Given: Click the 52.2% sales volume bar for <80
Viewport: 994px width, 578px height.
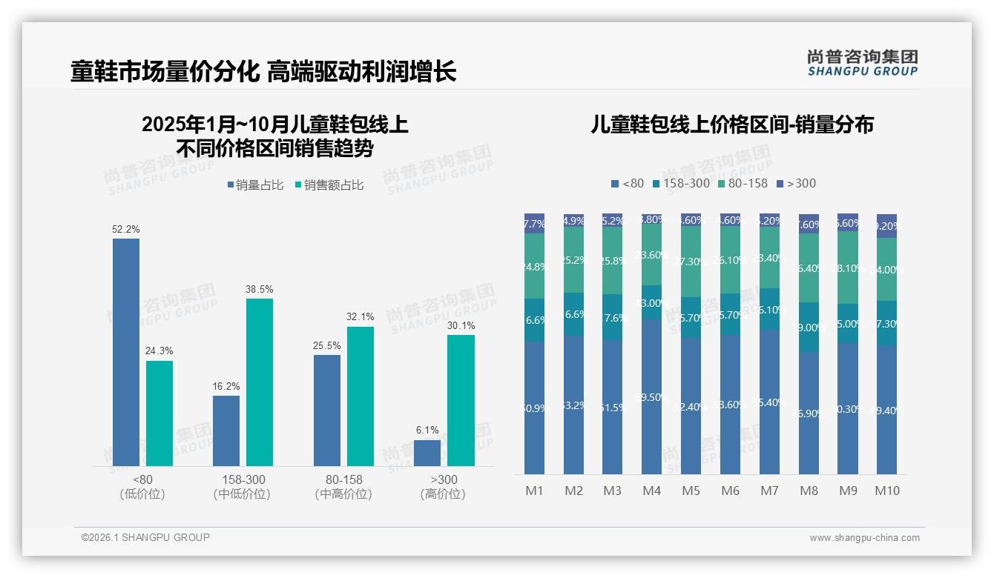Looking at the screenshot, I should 126,352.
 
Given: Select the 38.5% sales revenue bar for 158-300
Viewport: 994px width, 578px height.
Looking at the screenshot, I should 259,382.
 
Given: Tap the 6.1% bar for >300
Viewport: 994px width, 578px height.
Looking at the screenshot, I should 427,453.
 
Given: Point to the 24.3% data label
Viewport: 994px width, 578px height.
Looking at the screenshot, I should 159,351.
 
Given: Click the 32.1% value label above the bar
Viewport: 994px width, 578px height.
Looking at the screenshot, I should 360,316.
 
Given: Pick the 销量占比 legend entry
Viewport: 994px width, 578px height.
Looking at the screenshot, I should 254,185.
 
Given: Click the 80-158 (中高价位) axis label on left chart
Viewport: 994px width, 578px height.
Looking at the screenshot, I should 343,487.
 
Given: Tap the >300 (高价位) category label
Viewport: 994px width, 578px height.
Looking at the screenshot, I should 443,487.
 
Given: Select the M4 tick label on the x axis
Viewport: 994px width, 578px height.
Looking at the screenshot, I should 651,491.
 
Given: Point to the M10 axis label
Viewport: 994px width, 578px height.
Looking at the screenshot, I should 886,491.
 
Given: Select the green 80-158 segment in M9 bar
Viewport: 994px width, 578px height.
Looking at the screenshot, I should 848,268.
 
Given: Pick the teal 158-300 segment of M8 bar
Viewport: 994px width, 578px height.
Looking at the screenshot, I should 809,327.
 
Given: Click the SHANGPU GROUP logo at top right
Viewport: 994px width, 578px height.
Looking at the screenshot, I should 862,63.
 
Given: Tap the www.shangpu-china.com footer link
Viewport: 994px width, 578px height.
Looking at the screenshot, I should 864,538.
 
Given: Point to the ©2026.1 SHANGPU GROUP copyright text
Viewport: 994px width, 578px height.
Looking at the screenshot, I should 145,537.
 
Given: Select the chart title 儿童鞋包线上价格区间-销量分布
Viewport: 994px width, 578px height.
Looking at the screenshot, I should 731,124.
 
